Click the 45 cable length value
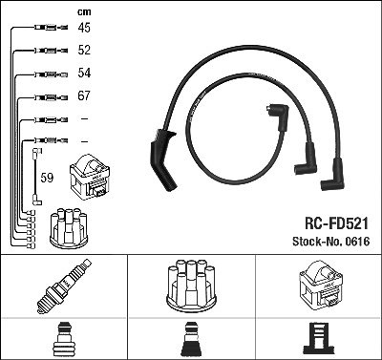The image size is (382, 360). (84, 28)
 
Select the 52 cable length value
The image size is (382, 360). (84, 50)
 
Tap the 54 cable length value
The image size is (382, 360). (84, 73)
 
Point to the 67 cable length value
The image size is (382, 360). (84, 95)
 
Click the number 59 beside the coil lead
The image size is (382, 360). (47, 178)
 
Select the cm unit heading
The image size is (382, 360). (84, 12)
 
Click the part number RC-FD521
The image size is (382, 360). (336, 223)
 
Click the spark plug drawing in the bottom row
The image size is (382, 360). (63, 286)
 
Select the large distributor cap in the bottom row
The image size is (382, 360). (191, 286)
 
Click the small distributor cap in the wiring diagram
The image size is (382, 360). (69, 227)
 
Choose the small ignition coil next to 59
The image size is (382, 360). (90, 178)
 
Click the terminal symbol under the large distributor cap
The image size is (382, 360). (191, 339)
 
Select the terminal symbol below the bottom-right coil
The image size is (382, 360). (319, 339)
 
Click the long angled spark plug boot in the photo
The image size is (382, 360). (162, 159)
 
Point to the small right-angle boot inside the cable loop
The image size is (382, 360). (279, 116)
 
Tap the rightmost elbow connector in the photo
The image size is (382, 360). (333, 175)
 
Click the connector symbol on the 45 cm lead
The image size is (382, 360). (52, 28)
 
